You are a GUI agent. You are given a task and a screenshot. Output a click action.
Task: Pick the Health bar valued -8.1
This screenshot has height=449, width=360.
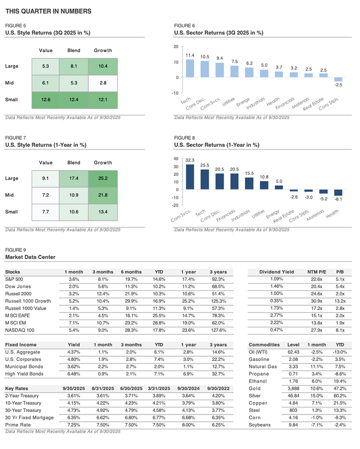coord(338,193)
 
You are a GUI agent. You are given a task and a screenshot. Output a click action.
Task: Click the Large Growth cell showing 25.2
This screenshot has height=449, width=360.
coord(103,179)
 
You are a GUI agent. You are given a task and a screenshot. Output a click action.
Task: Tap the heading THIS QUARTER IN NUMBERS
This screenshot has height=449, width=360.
coord(48,11)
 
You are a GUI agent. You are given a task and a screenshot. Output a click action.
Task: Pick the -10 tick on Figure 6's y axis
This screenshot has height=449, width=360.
coord(176,93)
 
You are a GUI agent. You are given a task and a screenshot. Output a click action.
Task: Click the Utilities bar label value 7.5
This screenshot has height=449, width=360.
coord(234,61)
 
